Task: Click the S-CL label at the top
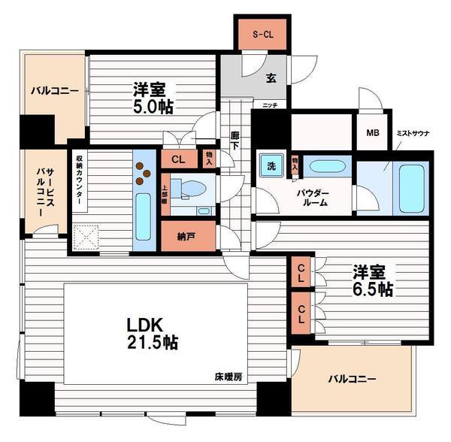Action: point(263,34)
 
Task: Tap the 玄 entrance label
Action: point(270,76)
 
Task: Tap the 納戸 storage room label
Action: point(188,235)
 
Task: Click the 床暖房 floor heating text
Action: point(229,377)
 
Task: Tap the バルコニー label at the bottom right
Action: point(350,379)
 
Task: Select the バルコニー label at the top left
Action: point(54,91)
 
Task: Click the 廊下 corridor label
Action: point(235,142)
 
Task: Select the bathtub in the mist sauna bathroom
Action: point(409,184)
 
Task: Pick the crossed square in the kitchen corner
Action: point(88,240)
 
